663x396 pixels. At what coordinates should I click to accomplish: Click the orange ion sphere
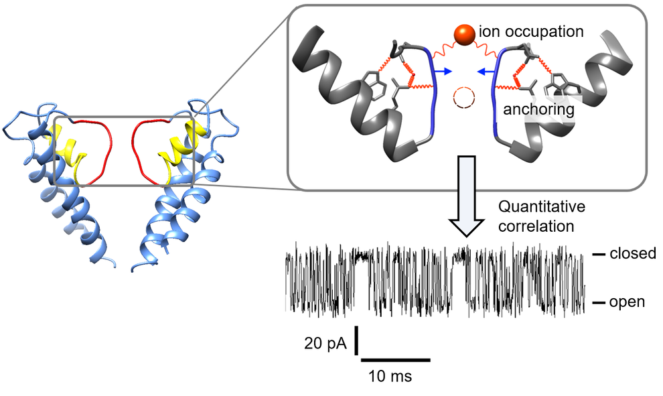coord(463,34)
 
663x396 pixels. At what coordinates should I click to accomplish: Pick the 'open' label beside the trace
coord(627,302)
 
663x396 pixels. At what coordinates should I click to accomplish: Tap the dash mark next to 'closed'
coord(598,255)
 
